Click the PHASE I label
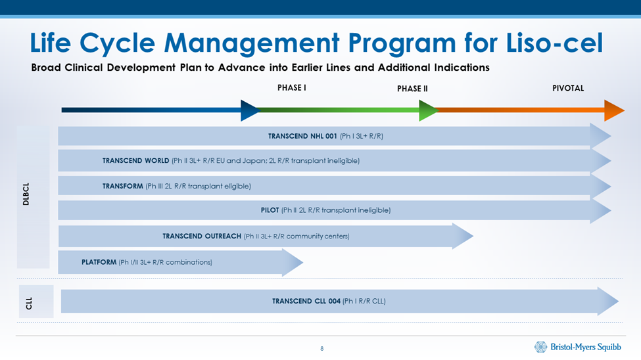[291, 87]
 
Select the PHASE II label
[412, 89]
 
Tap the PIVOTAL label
[568, 88]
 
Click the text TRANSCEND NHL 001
[302, 136]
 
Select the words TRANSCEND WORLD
[135, 160]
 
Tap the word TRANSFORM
[123, 186]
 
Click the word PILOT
[270, 210]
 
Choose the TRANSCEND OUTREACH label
[202, 236]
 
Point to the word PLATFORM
[99, 262]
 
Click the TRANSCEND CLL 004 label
[306, 301]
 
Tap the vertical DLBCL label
[26, 194]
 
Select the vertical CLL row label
[29, 304]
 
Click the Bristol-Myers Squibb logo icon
[540, 347]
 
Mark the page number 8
[321, 349]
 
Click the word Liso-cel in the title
[554, 43]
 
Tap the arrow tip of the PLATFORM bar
[303, 262]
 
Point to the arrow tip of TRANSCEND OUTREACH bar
[473, 236]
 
